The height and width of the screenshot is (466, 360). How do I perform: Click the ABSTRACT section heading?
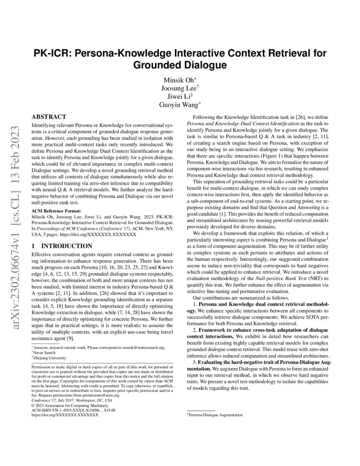[x=49, y=116]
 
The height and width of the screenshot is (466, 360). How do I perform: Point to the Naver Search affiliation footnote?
[x=46, y=352]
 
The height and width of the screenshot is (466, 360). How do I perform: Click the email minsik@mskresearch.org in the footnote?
[x=141, y=347]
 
